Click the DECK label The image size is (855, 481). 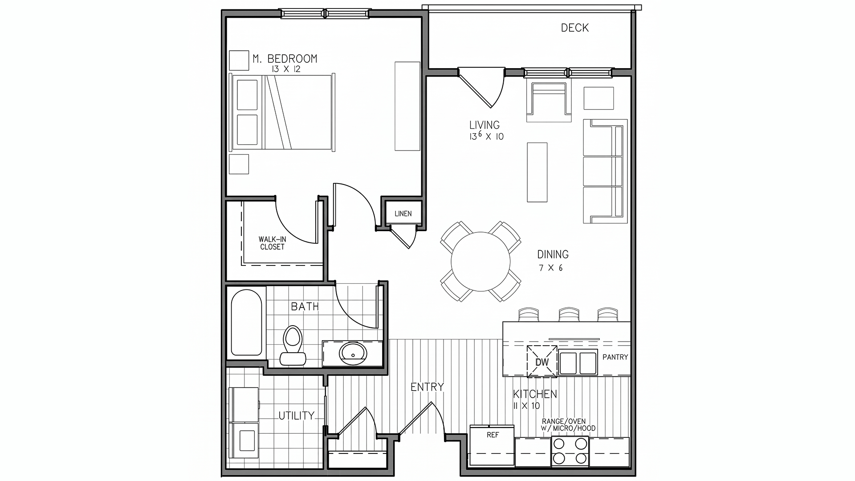pyautogui.click(x=574, y=28)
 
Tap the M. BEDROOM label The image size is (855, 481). pyautogui.click(x=285, y=58)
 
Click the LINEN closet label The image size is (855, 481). pyautogui.click(x=403, y=214)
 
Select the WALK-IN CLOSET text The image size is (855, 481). pyautogui.click(x=272, y=243)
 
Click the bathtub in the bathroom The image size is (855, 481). pyautogui.click(x=246, y=322)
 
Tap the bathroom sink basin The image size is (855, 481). pyautogui.click(x=353, y=354)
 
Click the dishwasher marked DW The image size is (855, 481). pyautogui.click(x=542, y=361)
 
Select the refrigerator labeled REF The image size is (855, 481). pyautogui.click(x=492, y=445)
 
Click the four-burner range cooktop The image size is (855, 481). pyautogui.click(x=570, y=451)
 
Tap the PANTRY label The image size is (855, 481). pyautogui.click(x=615, y=357)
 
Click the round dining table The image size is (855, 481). pyautogui.click(x=480, y=261)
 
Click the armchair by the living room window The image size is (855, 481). pyautogui.click(x=549, y=102)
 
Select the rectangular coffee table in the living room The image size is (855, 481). pyautogui.click(x=537, y=172)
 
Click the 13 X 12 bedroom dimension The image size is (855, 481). pyautogui.click(x=285, y=69)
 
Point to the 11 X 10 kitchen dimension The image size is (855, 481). pyautogui.click(x=526, y=406)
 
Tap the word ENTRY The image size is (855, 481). pyautogui.click(x=427, y=387)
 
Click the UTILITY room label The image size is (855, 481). pyautogui.click(x=296, y=416)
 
